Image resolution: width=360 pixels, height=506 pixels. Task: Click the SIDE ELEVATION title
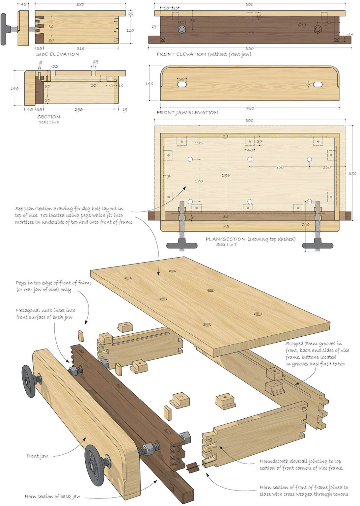58,54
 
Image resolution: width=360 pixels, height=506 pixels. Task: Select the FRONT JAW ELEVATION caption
187,113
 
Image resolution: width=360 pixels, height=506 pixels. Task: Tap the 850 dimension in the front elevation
249,48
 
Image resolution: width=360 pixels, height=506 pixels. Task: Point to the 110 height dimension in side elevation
130,30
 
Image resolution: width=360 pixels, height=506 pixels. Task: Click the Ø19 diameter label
302,25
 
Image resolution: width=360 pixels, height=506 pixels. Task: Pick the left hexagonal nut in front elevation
181,29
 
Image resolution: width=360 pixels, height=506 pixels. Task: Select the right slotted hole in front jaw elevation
318,85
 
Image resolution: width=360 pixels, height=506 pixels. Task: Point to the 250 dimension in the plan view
279,167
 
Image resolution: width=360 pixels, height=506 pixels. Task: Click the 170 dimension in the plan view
199,181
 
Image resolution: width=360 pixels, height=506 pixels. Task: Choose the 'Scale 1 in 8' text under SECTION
49,122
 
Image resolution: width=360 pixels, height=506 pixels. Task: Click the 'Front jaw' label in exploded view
37,456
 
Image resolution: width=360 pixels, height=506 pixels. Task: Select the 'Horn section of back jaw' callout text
52,496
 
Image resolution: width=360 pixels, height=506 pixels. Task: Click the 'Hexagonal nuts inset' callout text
45,314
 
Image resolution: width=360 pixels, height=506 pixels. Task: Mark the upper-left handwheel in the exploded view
29,380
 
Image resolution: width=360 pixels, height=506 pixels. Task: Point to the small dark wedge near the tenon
193,467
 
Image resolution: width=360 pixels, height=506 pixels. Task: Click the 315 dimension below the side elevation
80,48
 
